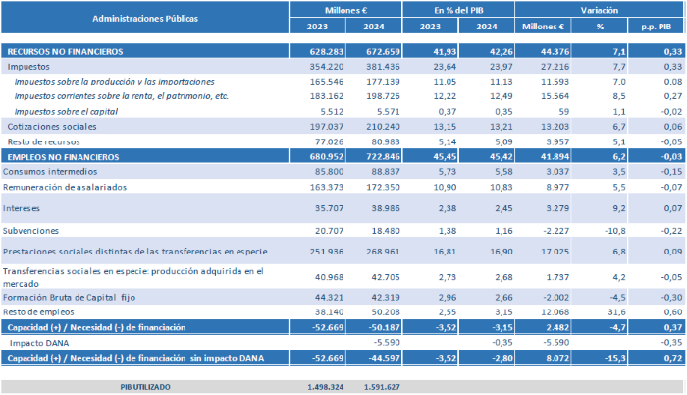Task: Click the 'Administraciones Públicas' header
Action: [x=144, y=18]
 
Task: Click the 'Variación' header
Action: [x=599, y=9]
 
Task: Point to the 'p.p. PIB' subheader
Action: [x=659, y=28]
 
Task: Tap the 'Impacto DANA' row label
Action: [x=40, y=342]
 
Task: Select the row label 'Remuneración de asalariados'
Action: [x=61, y=186]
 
